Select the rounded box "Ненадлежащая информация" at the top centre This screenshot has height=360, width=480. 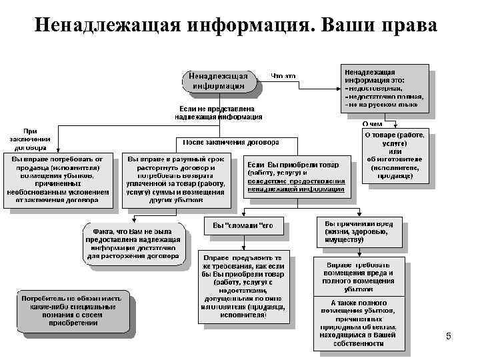tap(219, 81)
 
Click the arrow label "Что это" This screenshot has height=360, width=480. tap(283, 75)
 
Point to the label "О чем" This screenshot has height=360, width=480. tap(373, 123)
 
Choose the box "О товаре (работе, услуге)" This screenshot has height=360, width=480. tap(395, 154)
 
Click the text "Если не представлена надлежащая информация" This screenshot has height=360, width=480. tap(219, 112)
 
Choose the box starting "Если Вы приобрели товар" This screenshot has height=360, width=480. tap(296, 177)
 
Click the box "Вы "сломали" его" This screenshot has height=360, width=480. tap(243, 225)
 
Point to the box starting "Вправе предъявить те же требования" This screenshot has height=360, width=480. tap(244, 286)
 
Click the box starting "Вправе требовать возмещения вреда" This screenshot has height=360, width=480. tap(360, 277)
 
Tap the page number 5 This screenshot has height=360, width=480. tap(448, 337)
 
